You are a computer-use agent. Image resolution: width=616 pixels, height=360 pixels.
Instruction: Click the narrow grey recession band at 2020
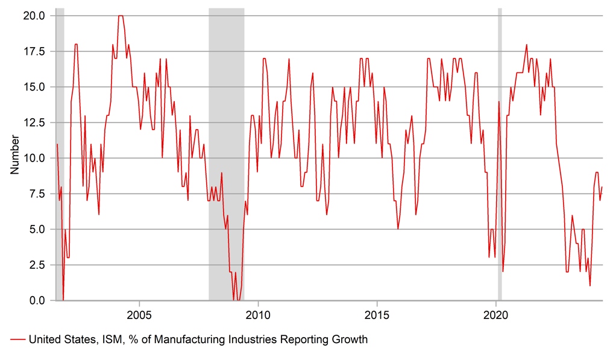tap(500, 151)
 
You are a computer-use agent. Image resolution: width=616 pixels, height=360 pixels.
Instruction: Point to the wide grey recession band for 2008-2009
tap(227, 151)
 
